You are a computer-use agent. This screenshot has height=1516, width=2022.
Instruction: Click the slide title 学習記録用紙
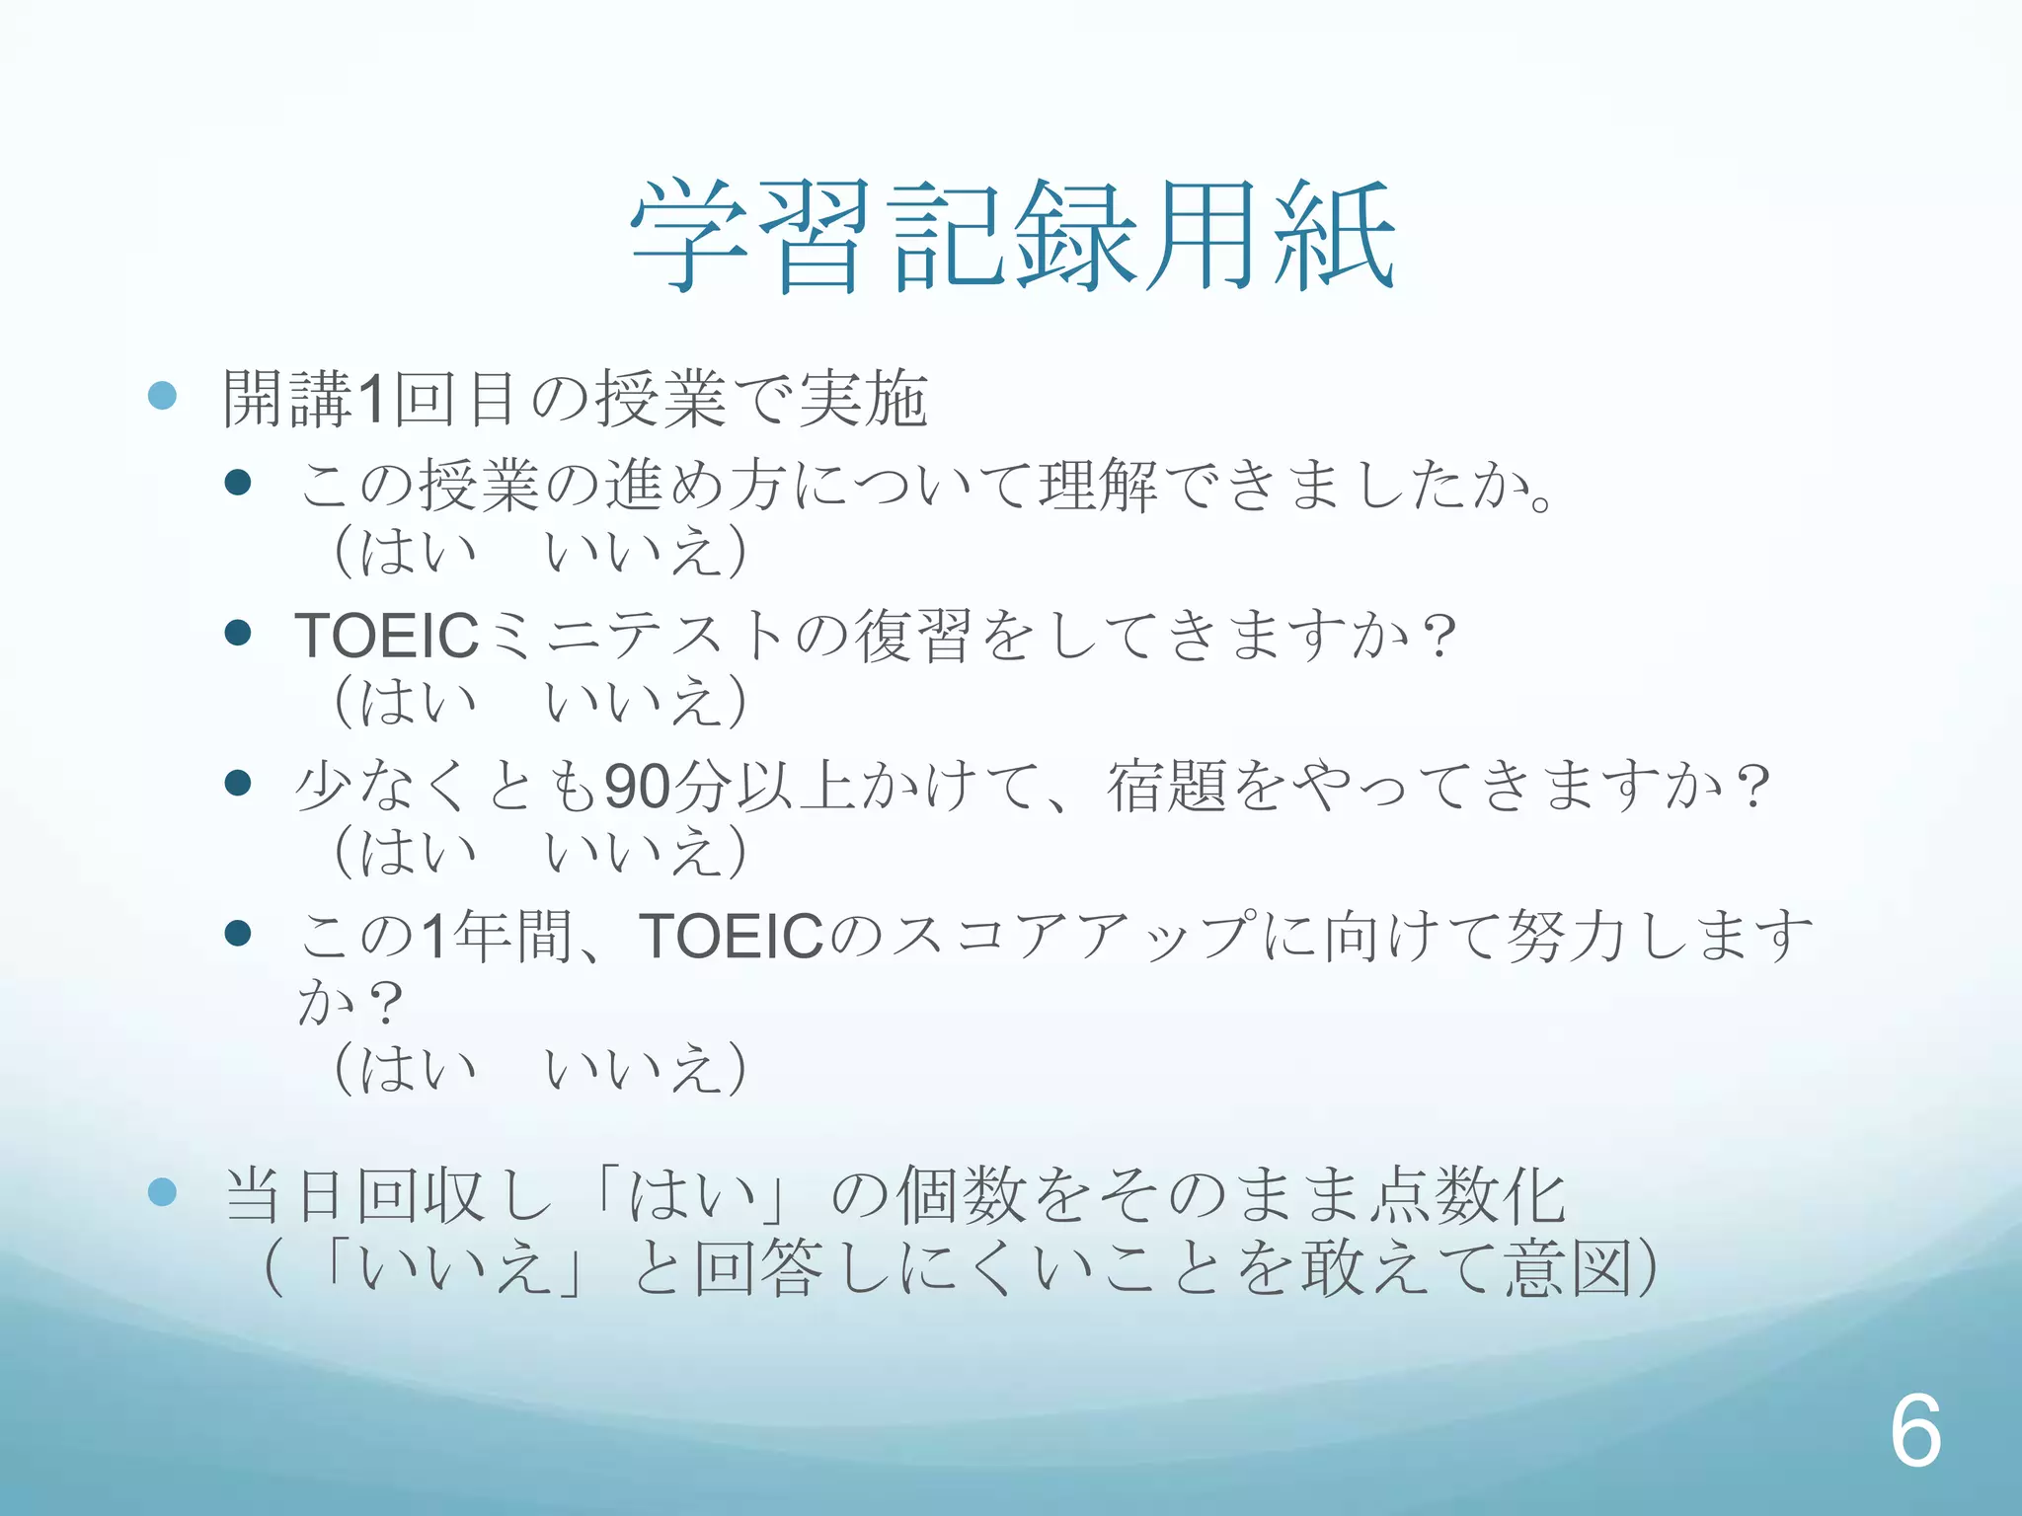(1012, 237)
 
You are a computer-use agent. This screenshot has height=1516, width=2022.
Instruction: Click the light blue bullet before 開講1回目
(162, 396)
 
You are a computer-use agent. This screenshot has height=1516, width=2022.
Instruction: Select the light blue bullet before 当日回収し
(162, 1192)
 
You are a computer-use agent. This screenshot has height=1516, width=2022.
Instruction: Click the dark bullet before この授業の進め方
(237, 483)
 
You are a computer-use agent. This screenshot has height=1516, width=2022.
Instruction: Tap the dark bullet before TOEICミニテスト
(237, 633)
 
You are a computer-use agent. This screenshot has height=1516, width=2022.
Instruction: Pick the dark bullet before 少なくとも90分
(237, 783)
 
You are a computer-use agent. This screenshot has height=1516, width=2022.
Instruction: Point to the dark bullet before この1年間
(237, 933)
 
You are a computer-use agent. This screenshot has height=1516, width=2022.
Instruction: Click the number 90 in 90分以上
(638, 787)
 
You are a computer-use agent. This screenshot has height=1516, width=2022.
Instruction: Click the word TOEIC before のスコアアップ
(731, 936)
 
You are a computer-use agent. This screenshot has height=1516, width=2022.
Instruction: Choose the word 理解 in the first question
(1097, 486)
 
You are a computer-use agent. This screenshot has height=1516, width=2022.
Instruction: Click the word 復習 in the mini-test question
(912, 636)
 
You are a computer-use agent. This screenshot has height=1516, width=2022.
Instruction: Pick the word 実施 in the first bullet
(863, 399)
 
